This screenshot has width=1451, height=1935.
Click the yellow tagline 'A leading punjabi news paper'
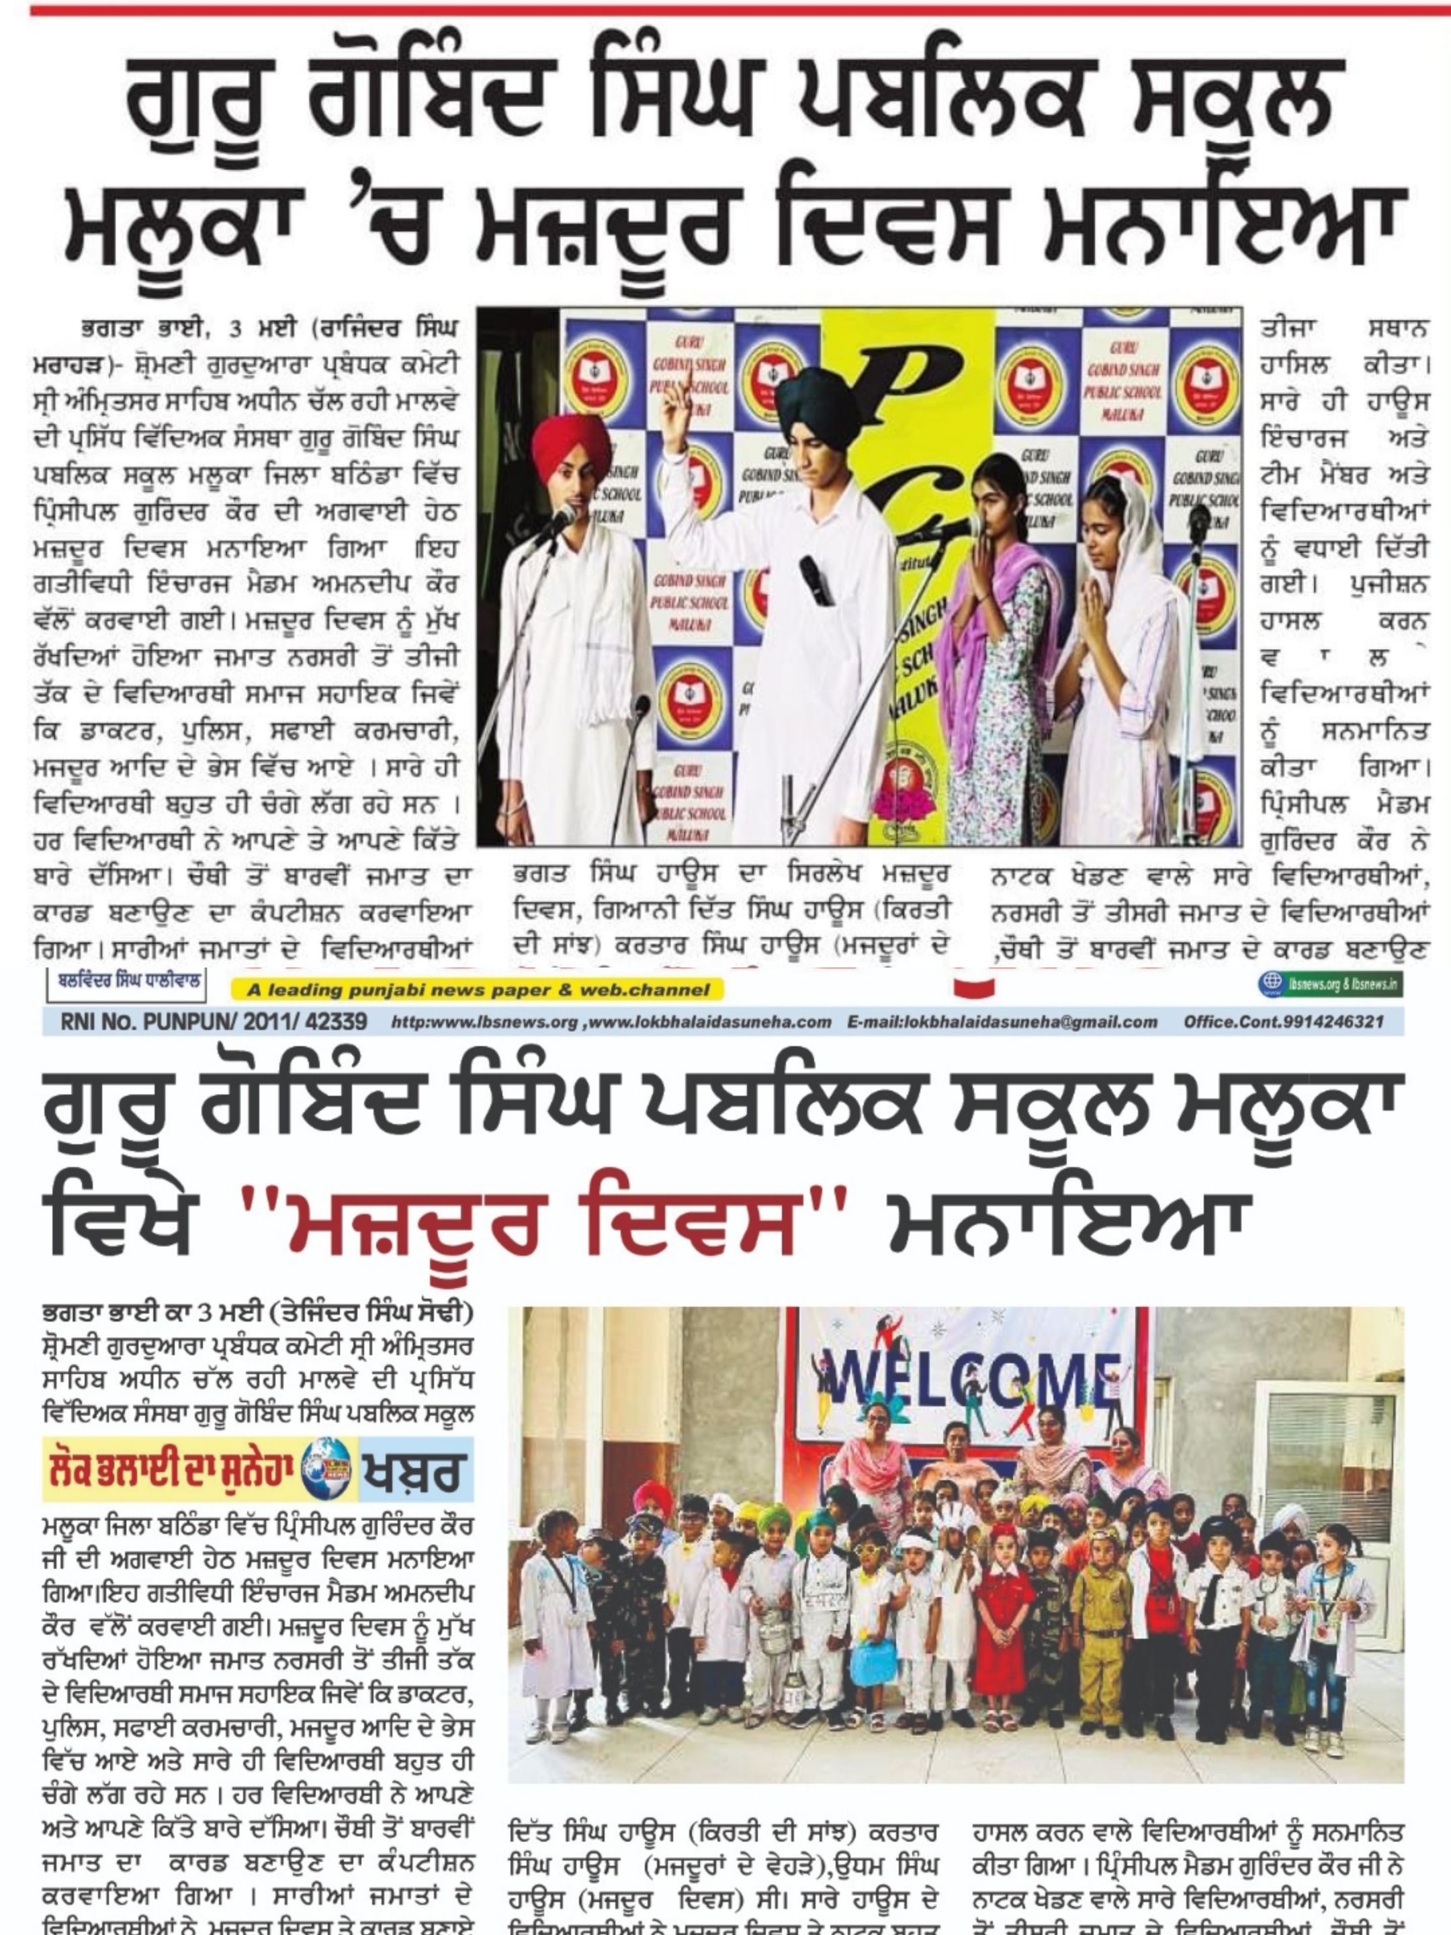click(x=478, y=990)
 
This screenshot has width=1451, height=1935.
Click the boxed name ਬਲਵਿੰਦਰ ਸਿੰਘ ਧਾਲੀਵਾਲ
click(x=127, y=982)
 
